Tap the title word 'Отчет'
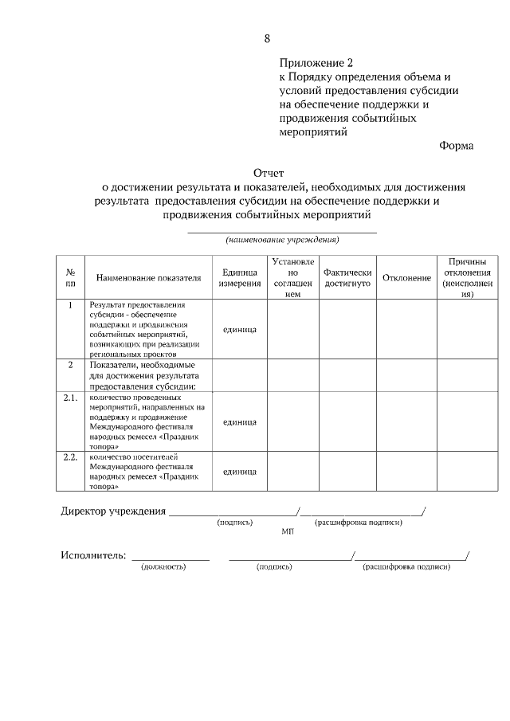pos(268,172)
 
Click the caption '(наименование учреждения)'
pos(282,239)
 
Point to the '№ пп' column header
pos(71,277)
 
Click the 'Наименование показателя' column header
pos(148,278)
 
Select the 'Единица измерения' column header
pos(239,278)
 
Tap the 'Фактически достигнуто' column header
pos(347,278)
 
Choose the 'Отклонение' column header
pos(406,278)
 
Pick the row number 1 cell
pos(71,305)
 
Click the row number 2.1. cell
pos(71,397)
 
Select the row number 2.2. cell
pos(71,457)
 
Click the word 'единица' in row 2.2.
pos(239,472)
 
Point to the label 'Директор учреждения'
pos(113,511)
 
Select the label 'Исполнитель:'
pos(93,555)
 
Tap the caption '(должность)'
pos(163,567)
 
